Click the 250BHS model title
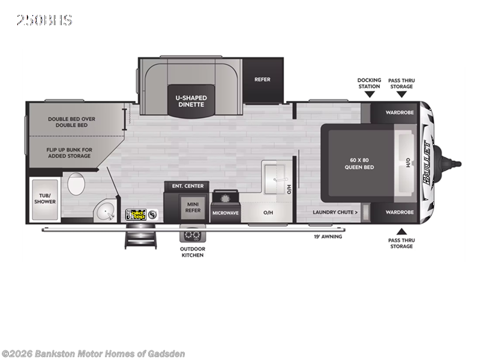44,20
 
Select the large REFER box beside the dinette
262,79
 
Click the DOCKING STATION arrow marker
369,94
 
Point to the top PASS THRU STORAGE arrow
401,94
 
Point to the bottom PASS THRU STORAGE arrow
401,231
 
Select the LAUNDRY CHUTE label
335,212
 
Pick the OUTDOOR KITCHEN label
192,252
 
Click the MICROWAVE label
226,212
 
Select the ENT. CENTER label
188,186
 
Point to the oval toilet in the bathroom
76,184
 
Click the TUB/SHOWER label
45,198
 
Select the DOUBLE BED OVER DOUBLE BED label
72,122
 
